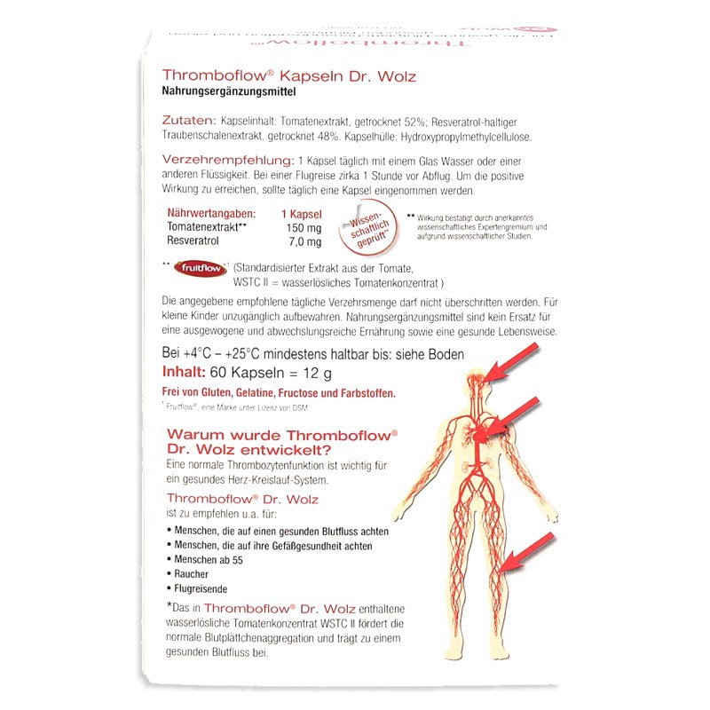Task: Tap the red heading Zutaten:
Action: [189, 121]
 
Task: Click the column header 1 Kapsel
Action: [301, 214]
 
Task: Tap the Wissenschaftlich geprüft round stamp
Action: [361, 229]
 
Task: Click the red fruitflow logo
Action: [200, 265]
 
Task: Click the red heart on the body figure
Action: [480, 434]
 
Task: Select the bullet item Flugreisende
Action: [203, 589]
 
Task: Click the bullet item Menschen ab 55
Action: [212, 560]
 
